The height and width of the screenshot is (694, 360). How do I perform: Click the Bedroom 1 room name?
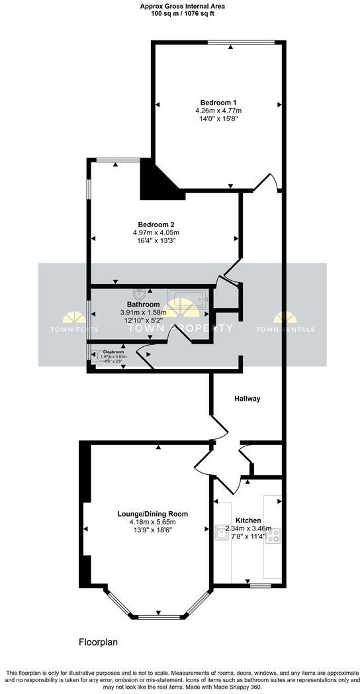coord(219,102)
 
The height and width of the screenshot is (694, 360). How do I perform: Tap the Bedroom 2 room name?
coord(156,224)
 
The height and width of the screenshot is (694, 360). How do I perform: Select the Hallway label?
coord(247,399)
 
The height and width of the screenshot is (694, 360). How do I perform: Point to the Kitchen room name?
coord(248,520)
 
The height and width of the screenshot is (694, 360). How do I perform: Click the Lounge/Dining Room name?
coord(153,514)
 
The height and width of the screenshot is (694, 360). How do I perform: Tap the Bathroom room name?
coord(144,305)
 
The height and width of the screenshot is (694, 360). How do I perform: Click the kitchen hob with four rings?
coord(273,536)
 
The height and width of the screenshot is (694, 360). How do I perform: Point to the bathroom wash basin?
coord(140,293)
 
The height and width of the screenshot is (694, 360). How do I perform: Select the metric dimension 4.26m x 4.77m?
coord(219,111)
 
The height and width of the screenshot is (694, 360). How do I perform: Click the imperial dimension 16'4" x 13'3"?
coord(156,240)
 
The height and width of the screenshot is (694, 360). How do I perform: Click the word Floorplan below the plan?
coord(98,642)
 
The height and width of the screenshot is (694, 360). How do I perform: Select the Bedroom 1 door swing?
coord(263,183)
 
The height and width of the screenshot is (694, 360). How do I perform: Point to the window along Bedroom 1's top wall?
coord(241,43)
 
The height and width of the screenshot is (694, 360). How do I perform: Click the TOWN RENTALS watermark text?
coord(285,329)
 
